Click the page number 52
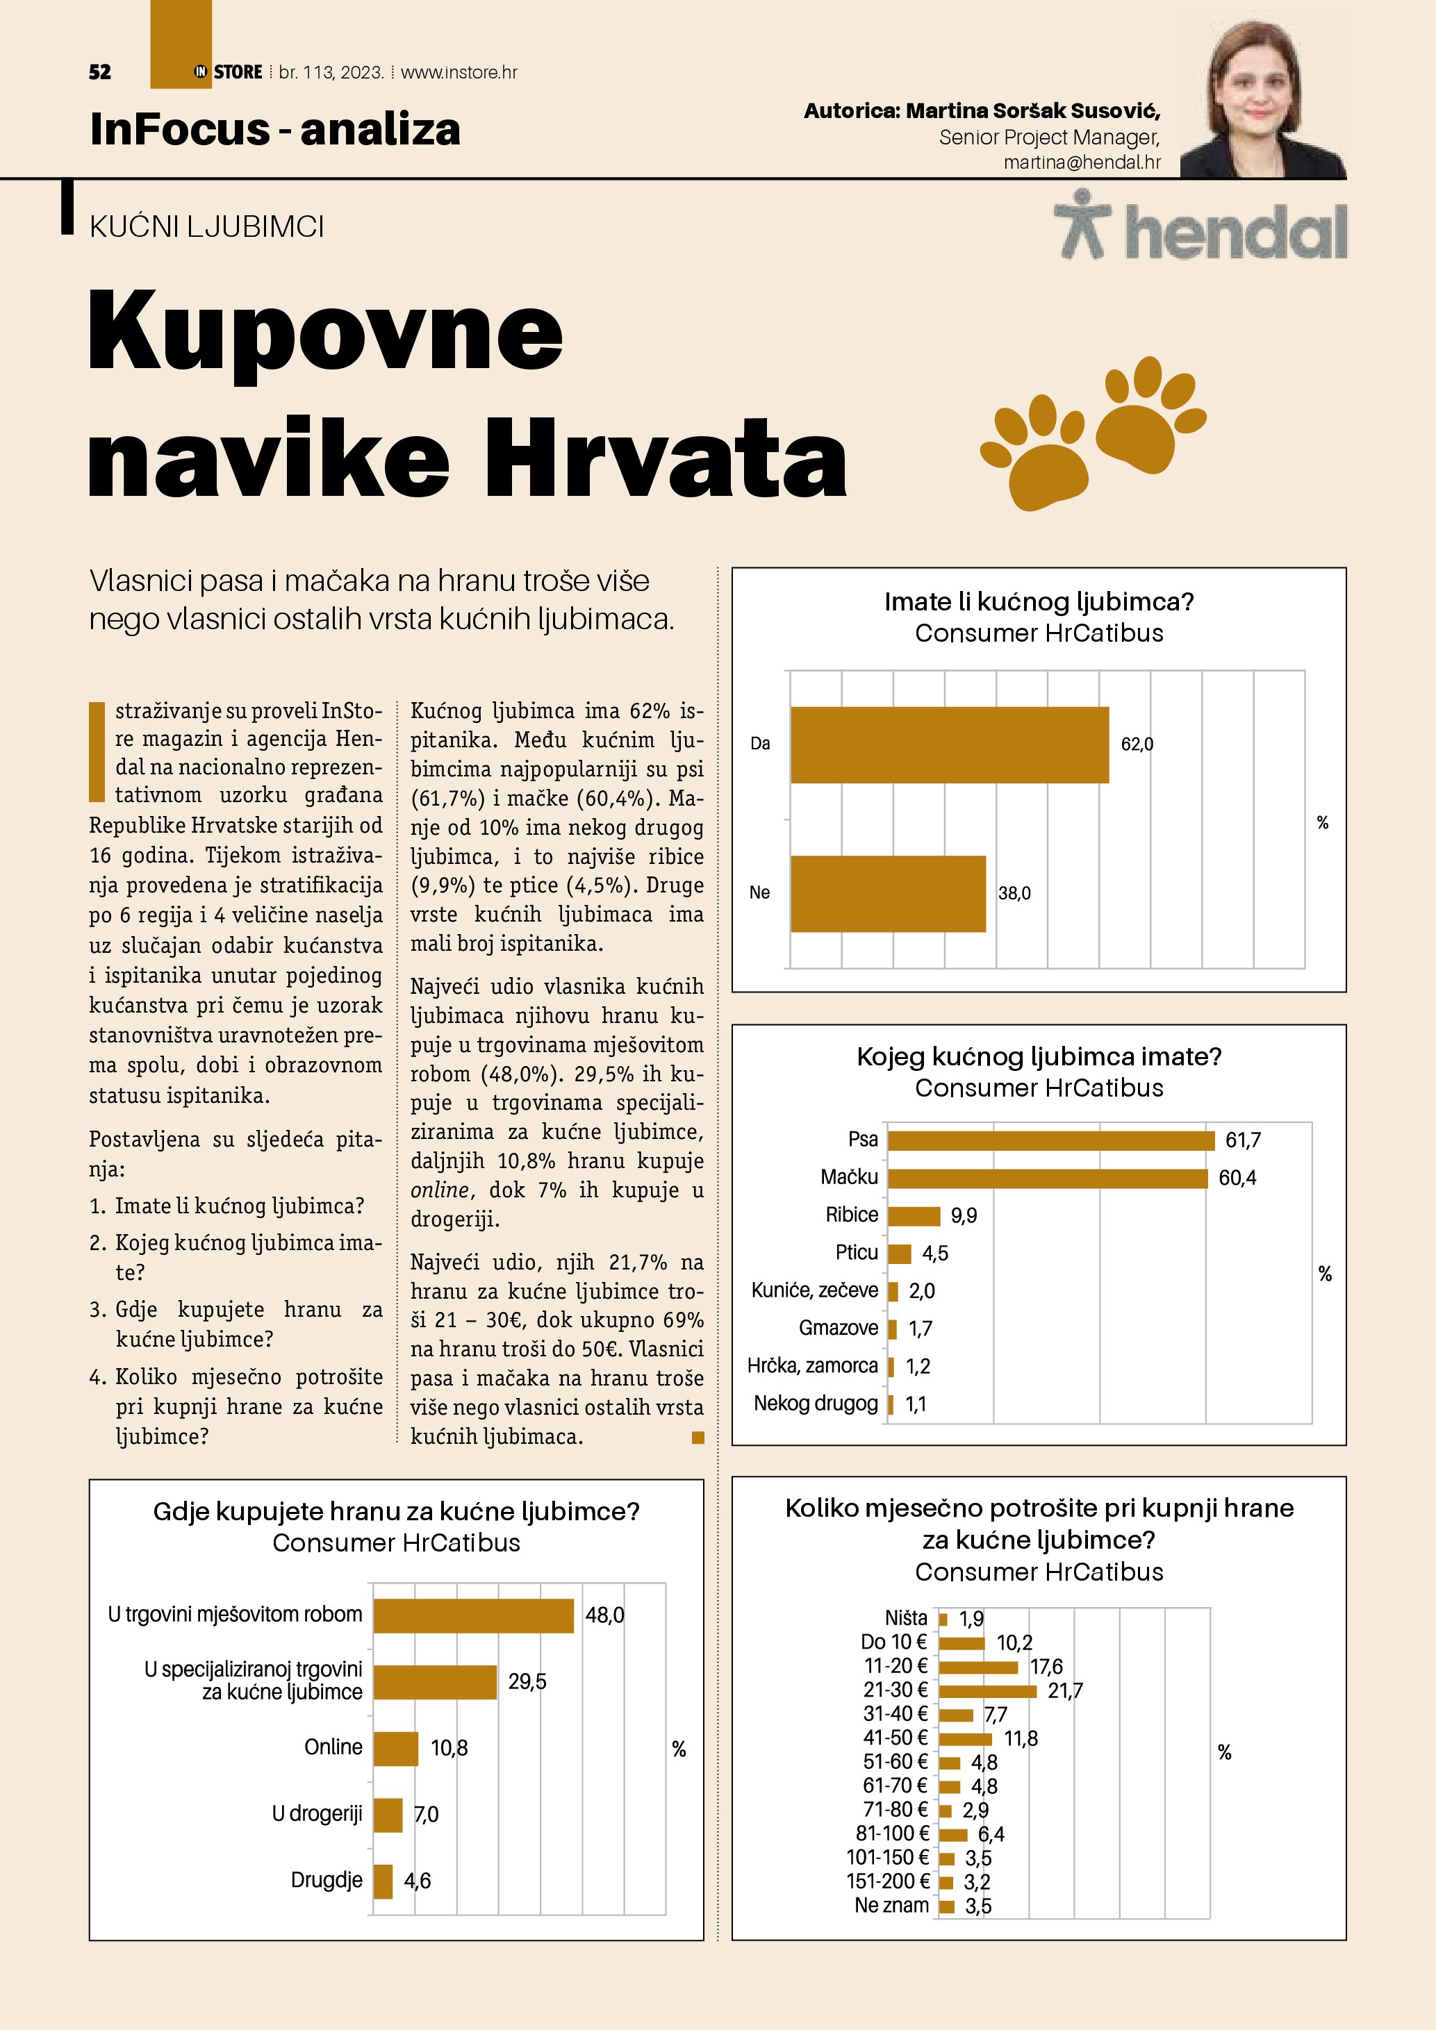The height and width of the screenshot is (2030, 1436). pyautogui.click(x=100, y=72)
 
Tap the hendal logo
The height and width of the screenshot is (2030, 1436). pyautogui.click(x=1200, y=226)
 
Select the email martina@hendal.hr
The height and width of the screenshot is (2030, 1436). pyautogui.click(x=1082, y=163)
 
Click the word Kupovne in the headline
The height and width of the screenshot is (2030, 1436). pyautogui.click(x=325, y=331)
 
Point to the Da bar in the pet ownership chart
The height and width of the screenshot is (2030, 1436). pyautogui.click(x=949, y=744)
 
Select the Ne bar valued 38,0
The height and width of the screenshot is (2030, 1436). pyautogui.click(x=888, y=893)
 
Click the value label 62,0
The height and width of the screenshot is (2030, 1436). pyautogui.click(x=1137, y=744)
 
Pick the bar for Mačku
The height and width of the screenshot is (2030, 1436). pyautogui.click(x=1047, y=1178)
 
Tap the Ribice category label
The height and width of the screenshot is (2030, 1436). pyautogui.click(x=852, y=1215)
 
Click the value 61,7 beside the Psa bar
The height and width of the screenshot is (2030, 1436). pyautogui.click(x=1242, y=1140)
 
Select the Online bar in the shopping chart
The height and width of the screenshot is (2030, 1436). pyautogui.click(x=395, y=1748)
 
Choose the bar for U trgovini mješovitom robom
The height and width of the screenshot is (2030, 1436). pyautogui.click(x=473, y=1615)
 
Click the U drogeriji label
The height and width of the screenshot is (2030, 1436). pyautogui.click(x=317, y=1814)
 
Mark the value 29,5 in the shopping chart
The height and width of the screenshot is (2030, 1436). pyautogui.click(x=527, y=1681)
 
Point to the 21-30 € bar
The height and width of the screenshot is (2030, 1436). pyautogui.click(x=987, y=1691)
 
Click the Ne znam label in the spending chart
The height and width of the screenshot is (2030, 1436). pyautogui.click(x=891, y=1905)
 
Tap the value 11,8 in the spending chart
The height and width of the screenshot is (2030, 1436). pyautogui.click(x=1021, y=1739)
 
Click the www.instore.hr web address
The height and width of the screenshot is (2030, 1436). pyautogui.click(x=459, y=72)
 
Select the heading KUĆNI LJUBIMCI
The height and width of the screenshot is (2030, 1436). pyautogui.click(x=207, y=227)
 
